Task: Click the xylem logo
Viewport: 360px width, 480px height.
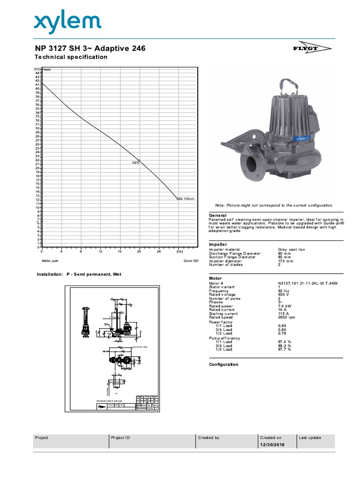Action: [x=67, y=22]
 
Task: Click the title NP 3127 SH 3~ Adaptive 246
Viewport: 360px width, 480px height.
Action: [x=90, y=48]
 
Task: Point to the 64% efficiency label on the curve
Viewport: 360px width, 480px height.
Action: [x=135, y=163]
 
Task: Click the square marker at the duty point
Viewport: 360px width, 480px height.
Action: [x=139, y=160]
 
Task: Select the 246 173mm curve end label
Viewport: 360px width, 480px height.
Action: [x=185, y=199]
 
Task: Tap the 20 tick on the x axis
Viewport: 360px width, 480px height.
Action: [x=139, y=252]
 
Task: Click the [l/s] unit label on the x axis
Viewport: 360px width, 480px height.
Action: [x=180, y=252]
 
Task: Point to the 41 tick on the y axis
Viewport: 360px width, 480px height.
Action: [x=37, y=85]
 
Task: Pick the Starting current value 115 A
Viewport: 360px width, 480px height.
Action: [x=284, y=314]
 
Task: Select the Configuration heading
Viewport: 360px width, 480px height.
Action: [x=223, y=364]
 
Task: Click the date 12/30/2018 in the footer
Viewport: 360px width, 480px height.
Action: [x=272, y=445]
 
